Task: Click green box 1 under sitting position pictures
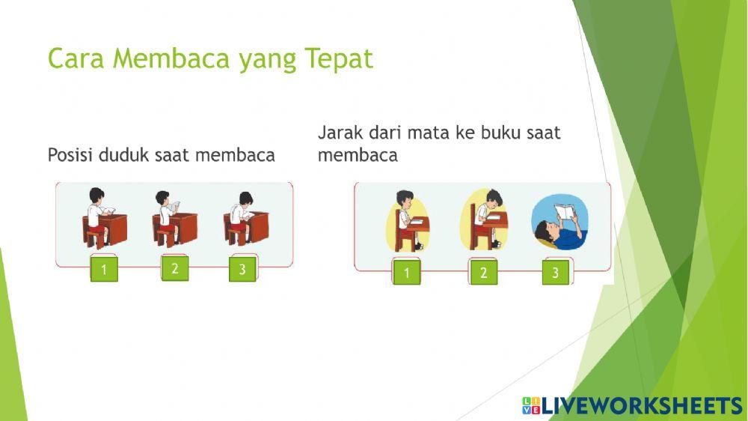point(104,270)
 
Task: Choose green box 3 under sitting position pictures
point(242,270)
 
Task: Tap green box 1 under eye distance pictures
point(407,273)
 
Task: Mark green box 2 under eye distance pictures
point(483,273)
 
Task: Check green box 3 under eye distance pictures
point(555,273)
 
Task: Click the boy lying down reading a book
point(560,224)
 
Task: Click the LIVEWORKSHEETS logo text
point(640,406)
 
